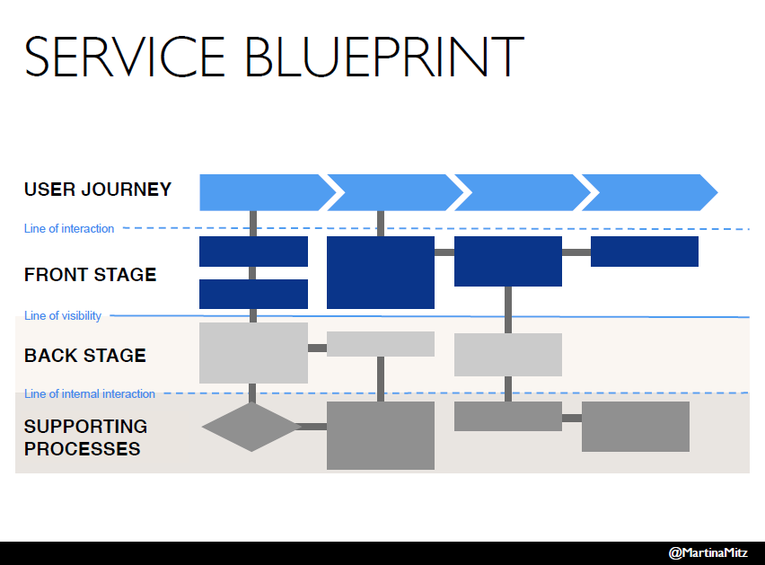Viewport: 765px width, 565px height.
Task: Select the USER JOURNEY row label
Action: pos(97,190)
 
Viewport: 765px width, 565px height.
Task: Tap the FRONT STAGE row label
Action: pos(90,275)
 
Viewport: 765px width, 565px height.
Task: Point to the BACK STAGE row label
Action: pos(84,356)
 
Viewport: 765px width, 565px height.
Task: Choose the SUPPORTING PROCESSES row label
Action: pos(85,437)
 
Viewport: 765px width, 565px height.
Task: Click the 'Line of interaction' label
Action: pos(69,229)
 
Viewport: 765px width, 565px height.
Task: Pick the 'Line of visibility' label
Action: pos(63,316)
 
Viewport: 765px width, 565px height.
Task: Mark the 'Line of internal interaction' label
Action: pos(89,394)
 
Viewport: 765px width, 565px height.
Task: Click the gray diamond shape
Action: pos(251,427)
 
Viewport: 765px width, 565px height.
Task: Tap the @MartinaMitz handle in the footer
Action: pos(708,552)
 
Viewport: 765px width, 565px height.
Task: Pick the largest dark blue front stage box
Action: pos(381,272)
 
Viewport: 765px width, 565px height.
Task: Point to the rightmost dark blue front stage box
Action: pos(644,252)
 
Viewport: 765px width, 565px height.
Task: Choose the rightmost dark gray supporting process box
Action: pos(635,427)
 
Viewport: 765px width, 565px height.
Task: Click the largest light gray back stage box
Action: pos(253,353)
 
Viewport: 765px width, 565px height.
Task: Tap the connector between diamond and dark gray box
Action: pos(312,427)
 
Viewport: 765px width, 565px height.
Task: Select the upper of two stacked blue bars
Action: pos(253,252)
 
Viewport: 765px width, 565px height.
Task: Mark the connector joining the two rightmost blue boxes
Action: pos(576,252)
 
